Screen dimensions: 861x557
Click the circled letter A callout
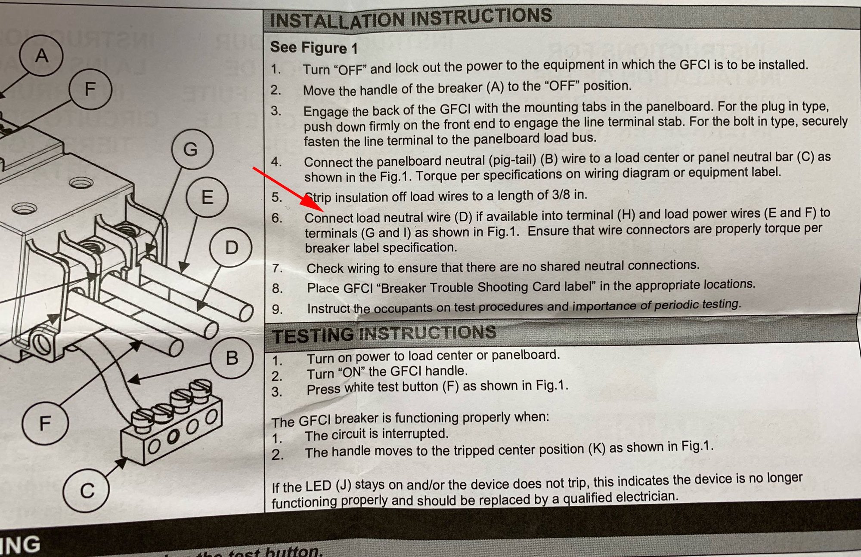click(x=41, y=55)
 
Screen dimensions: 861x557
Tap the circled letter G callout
click(x=192, y=149)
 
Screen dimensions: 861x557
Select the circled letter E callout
click(x=207, y=197)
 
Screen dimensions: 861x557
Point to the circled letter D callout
click(x=231, y=248)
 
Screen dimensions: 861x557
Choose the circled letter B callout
click(x=232, y=358)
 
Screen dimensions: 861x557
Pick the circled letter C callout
click(x=86, y=490)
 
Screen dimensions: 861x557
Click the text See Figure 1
click(x=314, y=47)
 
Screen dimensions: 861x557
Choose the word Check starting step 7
click(x=325, y=268)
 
